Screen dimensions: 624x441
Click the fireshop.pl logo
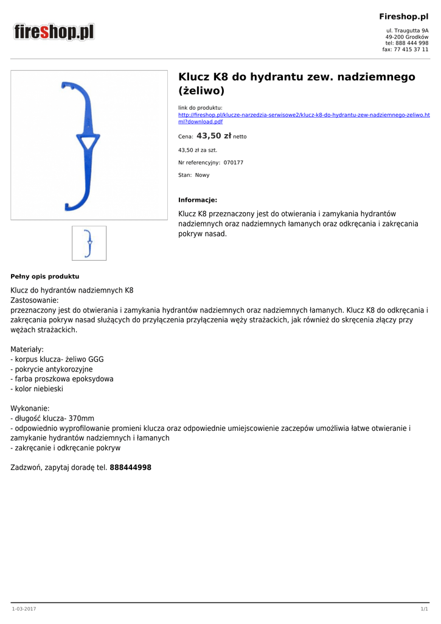(x=55, y=32)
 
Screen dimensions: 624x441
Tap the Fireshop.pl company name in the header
(x=404, y=16)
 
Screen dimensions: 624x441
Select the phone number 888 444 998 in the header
(x=411, y=43)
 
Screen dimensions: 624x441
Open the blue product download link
(x=304, y=118)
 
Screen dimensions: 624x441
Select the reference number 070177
(x=233, y=162)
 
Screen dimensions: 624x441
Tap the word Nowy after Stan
(x=202, y=175)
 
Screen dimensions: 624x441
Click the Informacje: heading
(x=197, y=200)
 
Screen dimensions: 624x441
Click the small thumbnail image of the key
(x=89, y=243)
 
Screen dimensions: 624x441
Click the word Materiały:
(x=27, y=349)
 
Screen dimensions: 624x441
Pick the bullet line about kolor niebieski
(x=37, y=388)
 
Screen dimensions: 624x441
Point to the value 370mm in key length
(x=81, y=418)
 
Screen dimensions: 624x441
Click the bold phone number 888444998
(x=130, y=467)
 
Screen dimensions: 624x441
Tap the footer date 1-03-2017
(x=24, y=609)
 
